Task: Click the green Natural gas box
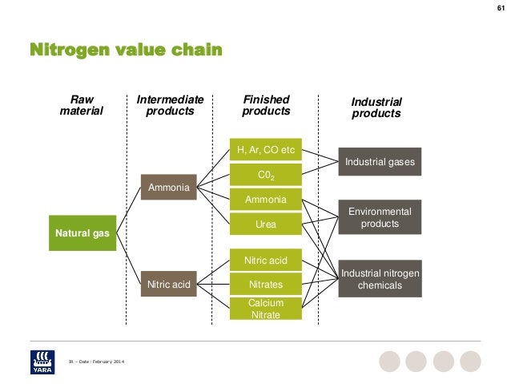(x=82, y=233)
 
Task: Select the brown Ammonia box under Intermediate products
(x=168, y=188)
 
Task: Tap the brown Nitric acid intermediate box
(x=168, y=284)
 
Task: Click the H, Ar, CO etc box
(x=265, y=150)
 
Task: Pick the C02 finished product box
(x=265, y=175)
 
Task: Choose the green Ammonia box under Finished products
(x=265, y=200)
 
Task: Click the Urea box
(x=265, y=224)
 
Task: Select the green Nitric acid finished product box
(x=265, y=260)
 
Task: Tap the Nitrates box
(x=265, y=285)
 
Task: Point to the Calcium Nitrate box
(x=265, y=309)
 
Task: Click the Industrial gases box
(x=380, y=163)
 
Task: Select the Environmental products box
(x=380, y=217)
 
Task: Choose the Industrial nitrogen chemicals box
(x=380, y=278)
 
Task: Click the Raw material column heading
(x=82, y=106)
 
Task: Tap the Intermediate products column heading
(x=170, y=106)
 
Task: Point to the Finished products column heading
(x=266, y=106)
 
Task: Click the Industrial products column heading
(x=376, y=107)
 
